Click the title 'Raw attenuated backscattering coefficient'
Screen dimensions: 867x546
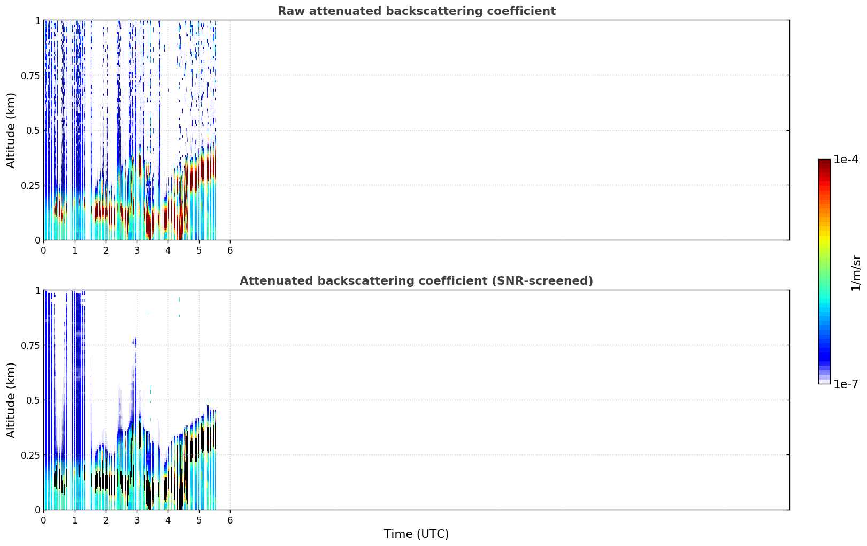click(417, 11)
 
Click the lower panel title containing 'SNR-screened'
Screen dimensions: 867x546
click(417, 280)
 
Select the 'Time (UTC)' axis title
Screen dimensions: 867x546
click(417, 534)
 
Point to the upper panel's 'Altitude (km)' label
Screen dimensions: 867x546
click(11, 131)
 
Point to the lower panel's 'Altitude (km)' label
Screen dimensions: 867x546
click(11, 400)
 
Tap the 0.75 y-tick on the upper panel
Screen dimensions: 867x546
click(30, 75)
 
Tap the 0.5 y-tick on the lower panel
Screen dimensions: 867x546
click(33, 400)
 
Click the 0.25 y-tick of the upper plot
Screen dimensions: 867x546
click(30, 186)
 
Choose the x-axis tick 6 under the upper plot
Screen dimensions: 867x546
click(230, 251)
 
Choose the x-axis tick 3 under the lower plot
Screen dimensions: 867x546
click(136, 520)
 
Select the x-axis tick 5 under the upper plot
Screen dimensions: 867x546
click(199, 251)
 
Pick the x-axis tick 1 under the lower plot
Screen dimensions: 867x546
click(75, 520)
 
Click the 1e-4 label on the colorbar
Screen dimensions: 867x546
click(846, 159)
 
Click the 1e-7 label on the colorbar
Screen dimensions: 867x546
click(846, 384)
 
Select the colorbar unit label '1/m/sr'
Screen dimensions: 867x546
click(856, 272)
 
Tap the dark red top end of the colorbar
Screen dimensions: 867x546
click(824, 162)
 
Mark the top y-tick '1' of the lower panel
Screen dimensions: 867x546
click(37, 291)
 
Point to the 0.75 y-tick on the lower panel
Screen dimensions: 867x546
click(30, 345)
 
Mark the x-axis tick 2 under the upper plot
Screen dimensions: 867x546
click(106, 251)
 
